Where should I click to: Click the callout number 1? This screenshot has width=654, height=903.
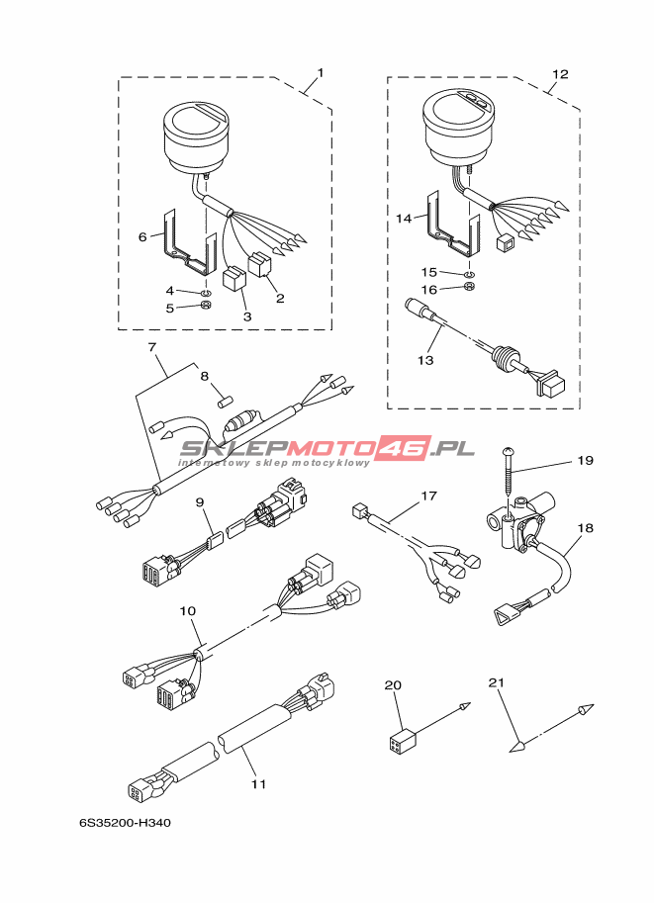(321, 73)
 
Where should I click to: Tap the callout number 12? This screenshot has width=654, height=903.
(560, 74)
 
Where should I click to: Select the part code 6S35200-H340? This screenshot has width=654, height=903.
(125, 823)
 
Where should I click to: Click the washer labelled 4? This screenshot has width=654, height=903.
(205, 293)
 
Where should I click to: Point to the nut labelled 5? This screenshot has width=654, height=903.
(205, 306)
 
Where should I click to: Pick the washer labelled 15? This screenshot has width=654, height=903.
(470, 274)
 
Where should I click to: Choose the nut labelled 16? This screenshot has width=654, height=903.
(469, 288)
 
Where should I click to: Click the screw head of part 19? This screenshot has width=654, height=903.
(509, 451)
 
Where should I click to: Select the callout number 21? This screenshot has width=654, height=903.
(496, 682)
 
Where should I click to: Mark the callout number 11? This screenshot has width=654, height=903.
(258, 783)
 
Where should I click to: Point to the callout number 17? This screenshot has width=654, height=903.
(429, 496)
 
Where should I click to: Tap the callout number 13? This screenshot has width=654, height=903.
(425, 361)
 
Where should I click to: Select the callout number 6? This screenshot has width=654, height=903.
(142, 236)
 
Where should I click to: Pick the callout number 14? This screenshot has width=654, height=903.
(404, 219)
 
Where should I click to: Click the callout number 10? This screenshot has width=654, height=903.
(187, 611)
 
